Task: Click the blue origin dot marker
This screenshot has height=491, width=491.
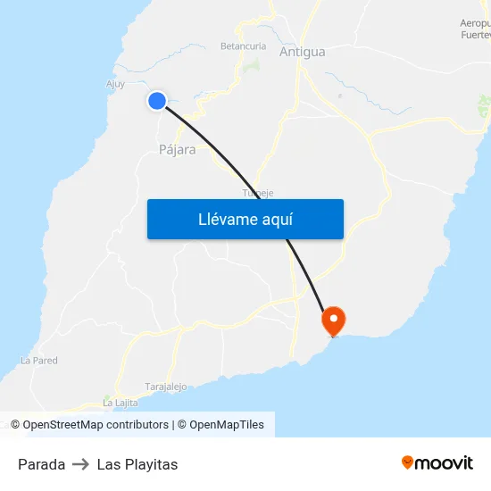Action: (x=157, y=101)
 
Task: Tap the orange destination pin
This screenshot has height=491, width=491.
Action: (x=334, y=320)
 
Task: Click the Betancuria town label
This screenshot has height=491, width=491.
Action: (x=243, y=46)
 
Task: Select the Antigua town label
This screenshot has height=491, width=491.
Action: (x=302, y=52)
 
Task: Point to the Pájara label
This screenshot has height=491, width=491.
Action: (x=177, y=150)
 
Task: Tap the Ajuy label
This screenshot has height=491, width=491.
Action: (x=115, y=85)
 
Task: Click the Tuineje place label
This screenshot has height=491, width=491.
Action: (x=258, y=193)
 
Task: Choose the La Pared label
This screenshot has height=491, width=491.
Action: (x=38, y=361)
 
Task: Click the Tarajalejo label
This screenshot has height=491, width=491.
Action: (x=165, y=387)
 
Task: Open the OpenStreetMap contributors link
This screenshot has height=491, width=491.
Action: (x=96, y=425)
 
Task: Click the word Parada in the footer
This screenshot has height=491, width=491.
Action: (x=41, y=464)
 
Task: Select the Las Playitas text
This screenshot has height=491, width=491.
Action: (x=137, y=464)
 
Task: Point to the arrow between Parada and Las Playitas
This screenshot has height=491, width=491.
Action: (x=80, y=464)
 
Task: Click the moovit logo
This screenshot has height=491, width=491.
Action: (x=437, y=462)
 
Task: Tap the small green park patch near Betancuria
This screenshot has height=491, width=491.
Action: (x=253, y=65)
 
